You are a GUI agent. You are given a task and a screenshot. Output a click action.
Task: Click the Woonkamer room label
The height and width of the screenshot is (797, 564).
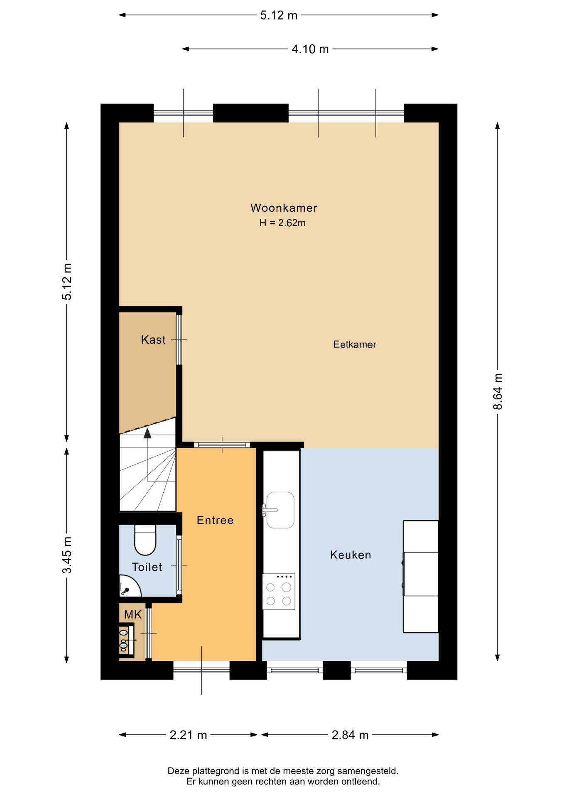[x=284, y=208]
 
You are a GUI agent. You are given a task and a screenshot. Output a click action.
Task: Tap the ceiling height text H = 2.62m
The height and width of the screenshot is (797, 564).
[x=282, y=223]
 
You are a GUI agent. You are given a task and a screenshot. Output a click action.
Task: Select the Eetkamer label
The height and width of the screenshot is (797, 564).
[x=355, y=345]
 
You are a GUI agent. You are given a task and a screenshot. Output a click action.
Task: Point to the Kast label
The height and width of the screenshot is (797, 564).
[x=153, y=340]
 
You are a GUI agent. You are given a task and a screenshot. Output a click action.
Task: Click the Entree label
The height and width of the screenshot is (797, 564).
[x=215, y=521]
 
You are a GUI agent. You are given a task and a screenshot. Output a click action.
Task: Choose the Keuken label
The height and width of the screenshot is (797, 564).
[x=351, y=555]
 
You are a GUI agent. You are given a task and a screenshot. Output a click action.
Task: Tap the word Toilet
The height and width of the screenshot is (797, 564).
[x=147, y=567]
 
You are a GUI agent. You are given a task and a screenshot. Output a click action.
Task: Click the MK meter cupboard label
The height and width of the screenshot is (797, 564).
[x=133, y=615]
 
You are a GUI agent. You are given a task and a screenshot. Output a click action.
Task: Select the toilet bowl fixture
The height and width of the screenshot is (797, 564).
[x=145, y=540]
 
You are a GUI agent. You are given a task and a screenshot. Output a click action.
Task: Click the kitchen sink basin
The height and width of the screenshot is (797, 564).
[x=280, y=510]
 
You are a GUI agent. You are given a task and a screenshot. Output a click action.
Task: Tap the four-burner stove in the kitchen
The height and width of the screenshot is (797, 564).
[x=279, y=592]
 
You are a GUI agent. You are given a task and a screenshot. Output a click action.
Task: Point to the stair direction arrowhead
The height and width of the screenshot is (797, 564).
[x=147, y=433]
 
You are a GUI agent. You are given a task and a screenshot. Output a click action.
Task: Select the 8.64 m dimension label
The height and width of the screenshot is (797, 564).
[x=498, y=391]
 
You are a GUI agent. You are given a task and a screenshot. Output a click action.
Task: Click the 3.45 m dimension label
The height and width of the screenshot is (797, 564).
[x=67, y=555]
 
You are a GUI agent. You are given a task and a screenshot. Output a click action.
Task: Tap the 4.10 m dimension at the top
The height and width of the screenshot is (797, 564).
[x=310, y=49]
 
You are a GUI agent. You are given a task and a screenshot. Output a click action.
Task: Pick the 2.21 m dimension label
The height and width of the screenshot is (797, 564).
[x=188, y=736]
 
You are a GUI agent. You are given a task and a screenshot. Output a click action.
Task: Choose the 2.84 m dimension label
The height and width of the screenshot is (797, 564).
[x=350, y=736]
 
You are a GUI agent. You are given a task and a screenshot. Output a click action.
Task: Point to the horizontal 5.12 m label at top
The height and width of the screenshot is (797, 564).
[x=279, y=15]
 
